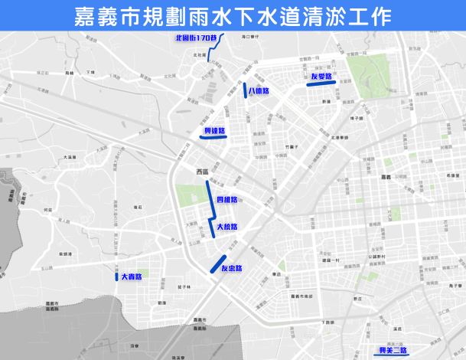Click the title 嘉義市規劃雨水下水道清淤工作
pos(233,15)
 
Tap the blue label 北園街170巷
pos(197,38)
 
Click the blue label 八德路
pos(258,91)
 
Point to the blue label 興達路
pos(213,131)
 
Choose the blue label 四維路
pos(227,200)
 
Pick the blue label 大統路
pos(226,227)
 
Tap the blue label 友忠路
pos(231,268)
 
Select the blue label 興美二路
pos(393,351)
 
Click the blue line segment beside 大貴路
pos(107,276)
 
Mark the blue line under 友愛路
pos(318,83)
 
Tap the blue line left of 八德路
pos(245,90)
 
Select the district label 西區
pos(202,172)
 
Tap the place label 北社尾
pos(200,55)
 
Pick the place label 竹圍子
pos(288,146)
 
